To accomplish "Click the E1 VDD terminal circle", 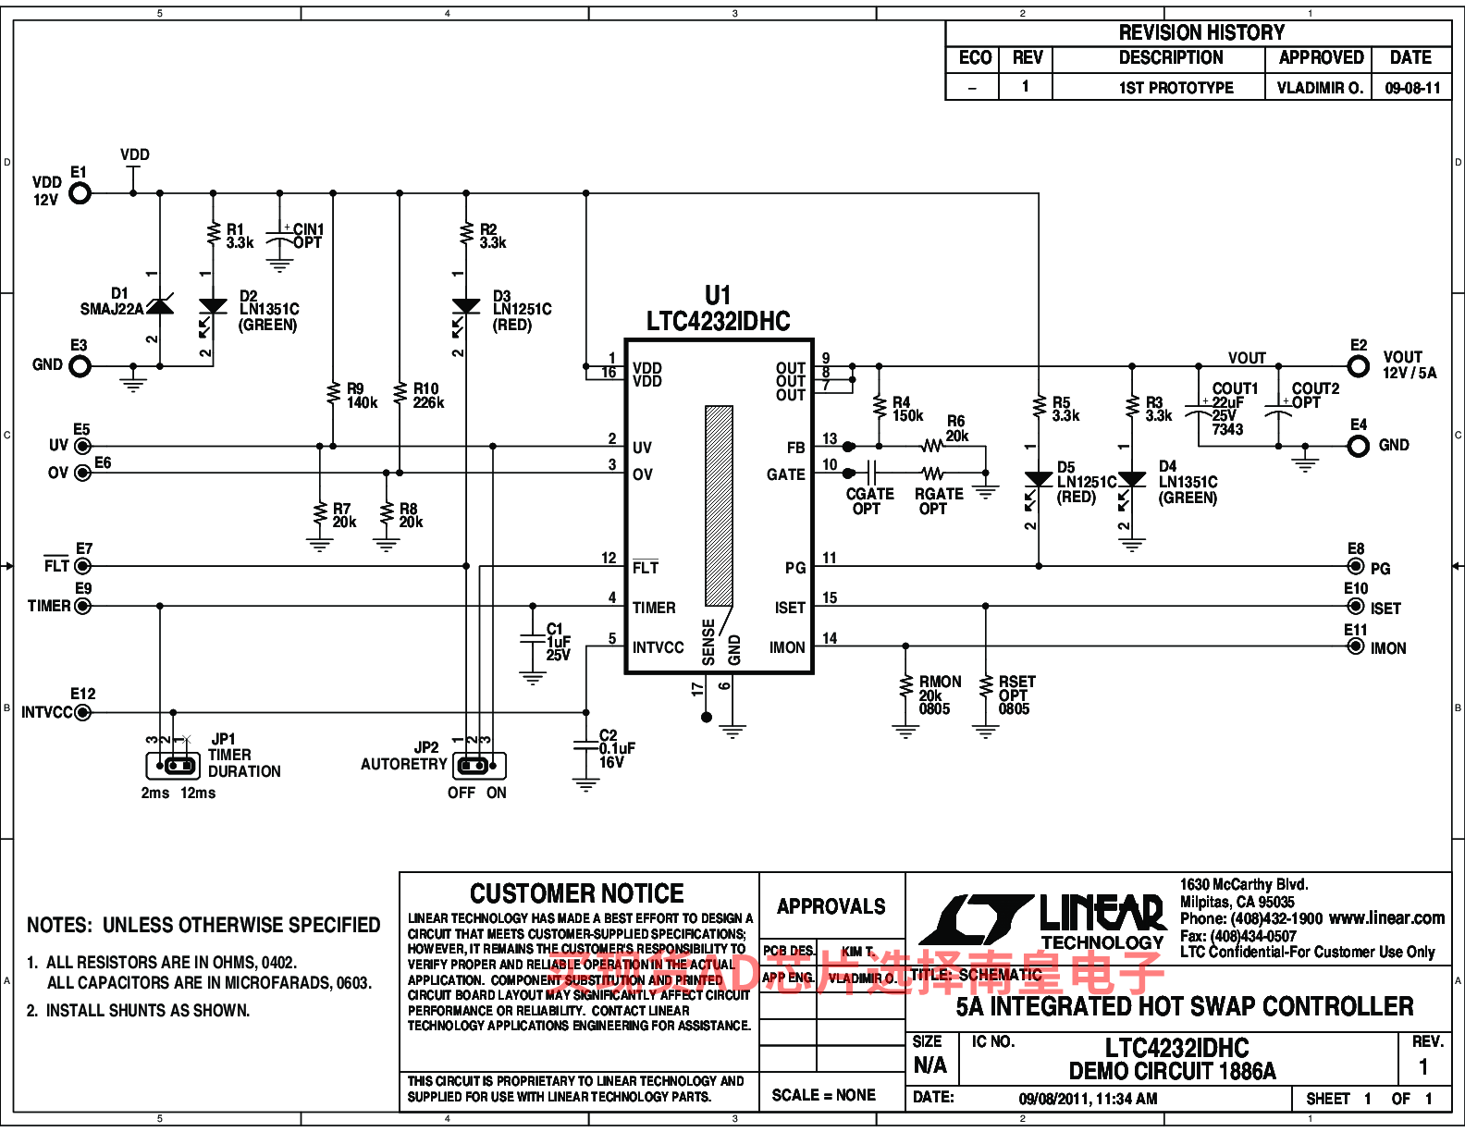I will [80, 193].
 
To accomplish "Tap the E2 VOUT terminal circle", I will [1358, 366].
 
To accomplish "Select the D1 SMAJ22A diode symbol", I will [160, 306].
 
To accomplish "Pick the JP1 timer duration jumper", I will [173, 766].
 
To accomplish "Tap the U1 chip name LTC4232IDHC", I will [718, 321].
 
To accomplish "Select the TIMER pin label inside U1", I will [654, 608].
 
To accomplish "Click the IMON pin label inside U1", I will [787, 647].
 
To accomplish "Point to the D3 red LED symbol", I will [466, 306].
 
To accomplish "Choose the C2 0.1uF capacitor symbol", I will [585, 745].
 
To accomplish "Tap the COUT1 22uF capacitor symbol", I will [1199, 408].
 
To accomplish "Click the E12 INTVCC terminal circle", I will [83, 712].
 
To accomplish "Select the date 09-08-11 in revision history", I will [1412, 88].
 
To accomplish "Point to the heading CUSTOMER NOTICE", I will [576, 893].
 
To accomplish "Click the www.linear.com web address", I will [1386, 918].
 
